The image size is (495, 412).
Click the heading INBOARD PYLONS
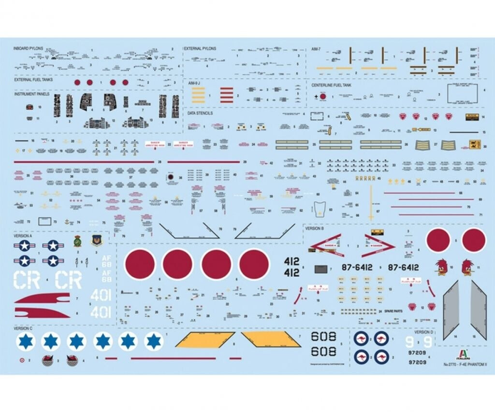[29, 49]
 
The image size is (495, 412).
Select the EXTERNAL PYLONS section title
[200, 49]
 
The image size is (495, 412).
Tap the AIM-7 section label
[316, 49]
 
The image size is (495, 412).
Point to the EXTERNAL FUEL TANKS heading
[33, 80]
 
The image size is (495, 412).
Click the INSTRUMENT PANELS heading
[32, 94]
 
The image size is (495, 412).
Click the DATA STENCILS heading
[200, 114]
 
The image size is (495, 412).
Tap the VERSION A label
[23, 236]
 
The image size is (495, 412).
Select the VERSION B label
[314, 228]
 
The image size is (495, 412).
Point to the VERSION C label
[23, 328]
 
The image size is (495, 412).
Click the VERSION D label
[423, 332]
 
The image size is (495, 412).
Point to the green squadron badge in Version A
[77, 241]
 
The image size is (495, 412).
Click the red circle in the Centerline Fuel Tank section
[322, 97]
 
